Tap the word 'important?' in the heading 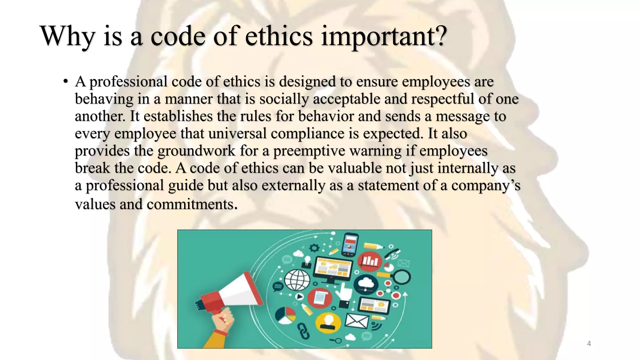(384, 37)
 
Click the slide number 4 (589, 344)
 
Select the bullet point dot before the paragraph (65, 82)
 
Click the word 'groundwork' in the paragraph (196, 151)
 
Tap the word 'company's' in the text (486, 185)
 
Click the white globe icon (297, 280)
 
